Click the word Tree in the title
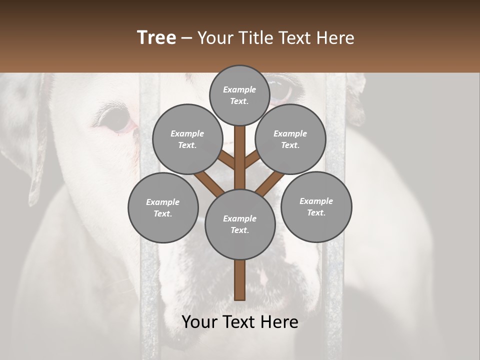pyautogui.click(x=156, y=38)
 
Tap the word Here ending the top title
pyautogui.click(x=335, y=38)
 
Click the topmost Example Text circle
pyautogui.click(x=239, y=95)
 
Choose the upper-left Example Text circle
pyautogui.click(x=187, y=139)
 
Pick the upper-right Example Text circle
pyautogui.click(x=290, y=139)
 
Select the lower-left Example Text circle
pyautogui.click(x=163, y=207)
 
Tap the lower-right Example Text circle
pyautogui.click(x=316, y=206)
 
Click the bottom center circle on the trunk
pyautogui.click(x=240, y=224)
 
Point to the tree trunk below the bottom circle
pyautogui.click(x=240, y=280)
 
